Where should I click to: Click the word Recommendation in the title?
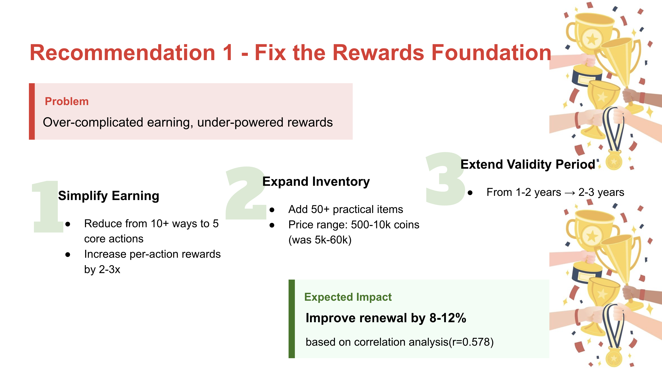122,53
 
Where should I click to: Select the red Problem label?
67,101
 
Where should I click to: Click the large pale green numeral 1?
48,206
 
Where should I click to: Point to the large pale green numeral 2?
246,193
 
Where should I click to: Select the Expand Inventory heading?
316,182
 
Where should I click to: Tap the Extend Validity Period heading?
528,165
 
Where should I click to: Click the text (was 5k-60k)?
320,240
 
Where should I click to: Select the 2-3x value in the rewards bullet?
109,270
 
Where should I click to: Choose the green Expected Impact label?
348,297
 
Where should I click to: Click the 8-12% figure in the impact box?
448,318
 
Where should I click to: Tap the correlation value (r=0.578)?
471,342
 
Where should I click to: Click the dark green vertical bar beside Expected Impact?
292,319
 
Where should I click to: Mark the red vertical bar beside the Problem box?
32,111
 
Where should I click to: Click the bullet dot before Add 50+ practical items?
272,210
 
